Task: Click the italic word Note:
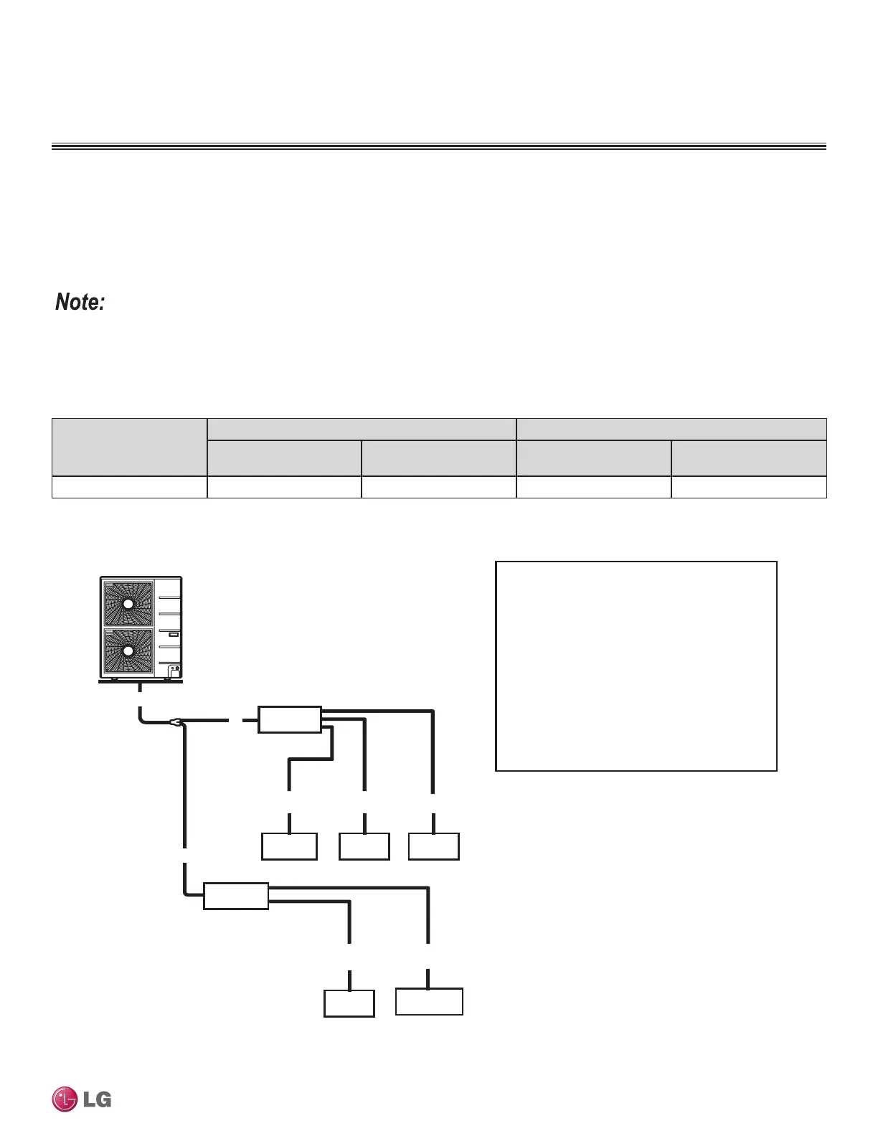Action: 80,302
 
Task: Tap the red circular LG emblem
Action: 65,1099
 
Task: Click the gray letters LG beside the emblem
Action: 97,1099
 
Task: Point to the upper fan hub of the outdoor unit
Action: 128,604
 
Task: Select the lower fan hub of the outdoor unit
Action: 128,651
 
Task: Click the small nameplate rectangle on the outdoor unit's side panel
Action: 173,635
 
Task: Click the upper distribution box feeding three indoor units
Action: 290,719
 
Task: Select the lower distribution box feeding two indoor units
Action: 236,896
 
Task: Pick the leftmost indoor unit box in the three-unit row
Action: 289,846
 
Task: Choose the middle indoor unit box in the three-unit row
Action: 364,846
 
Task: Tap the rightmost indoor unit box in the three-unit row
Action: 434,846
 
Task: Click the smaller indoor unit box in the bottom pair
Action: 349,1003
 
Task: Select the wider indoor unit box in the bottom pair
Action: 429,1001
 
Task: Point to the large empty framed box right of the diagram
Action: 636,666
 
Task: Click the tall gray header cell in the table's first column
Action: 129,447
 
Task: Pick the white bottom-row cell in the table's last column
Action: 749,487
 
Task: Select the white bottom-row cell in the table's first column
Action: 129,487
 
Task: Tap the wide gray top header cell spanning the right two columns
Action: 671,429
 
